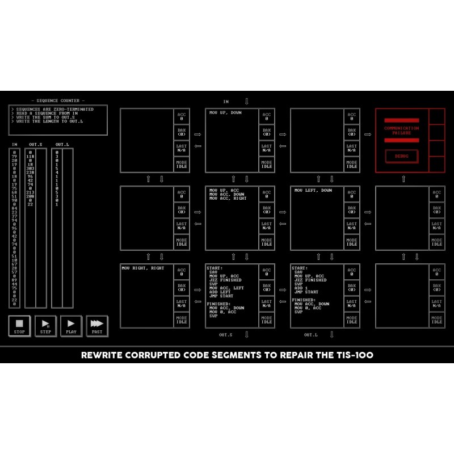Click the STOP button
pos(19,325)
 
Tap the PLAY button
pos(71,325)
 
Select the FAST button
pos(97,325)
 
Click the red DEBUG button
pos(402,155)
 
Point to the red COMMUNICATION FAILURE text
pos(402,130)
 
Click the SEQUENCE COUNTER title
pos(58,100)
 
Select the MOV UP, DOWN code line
pos(225,112)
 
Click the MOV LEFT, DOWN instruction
pos(312,191)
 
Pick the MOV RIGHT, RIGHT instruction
pos(142,268)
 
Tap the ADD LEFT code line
pos(220,292)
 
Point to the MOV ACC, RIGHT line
pos(228,198)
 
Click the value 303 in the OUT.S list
pos(30,169)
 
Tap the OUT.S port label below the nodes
pos(226,335)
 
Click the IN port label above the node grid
pos(226,102)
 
